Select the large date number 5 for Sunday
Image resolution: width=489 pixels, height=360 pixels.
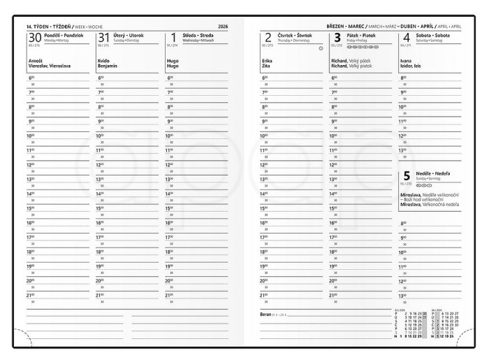click(407, 177)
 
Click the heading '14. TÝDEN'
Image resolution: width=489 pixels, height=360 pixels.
click(41, 26)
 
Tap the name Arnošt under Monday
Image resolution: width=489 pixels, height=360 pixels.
click(35, 61)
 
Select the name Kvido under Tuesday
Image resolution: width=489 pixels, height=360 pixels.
click(103, 61)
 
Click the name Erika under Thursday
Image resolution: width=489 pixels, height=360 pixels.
click(266, 61)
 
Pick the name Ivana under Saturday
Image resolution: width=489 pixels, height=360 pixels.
click(406, 61)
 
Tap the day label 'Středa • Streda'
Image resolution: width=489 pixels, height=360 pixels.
click(197, 34)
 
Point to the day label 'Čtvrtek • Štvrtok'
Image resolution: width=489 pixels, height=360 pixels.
click(294, 34)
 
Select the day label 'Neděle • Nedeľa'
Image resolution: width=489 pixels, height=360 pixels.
click(433, 173)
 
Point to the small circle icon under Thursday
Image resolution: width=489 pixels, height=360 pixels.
click(320, 48)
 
